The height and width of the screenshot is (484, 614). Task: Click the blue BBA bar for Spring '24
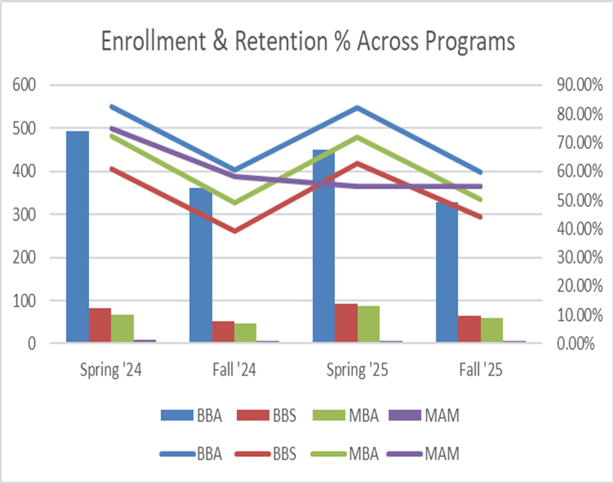point(77,237)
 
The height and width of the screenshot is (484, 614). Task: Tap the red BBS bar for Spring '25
point(346,323)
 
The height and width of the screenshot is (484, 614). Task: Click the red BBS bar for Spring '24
point(100,325)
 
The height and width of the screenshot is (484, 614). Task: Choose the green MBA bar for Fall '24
point(245,333)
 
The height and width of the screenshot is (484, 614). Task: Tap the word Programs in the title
point(466,42)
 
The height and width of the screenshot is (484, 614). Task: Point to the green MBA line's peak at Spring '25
point(358,136)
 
